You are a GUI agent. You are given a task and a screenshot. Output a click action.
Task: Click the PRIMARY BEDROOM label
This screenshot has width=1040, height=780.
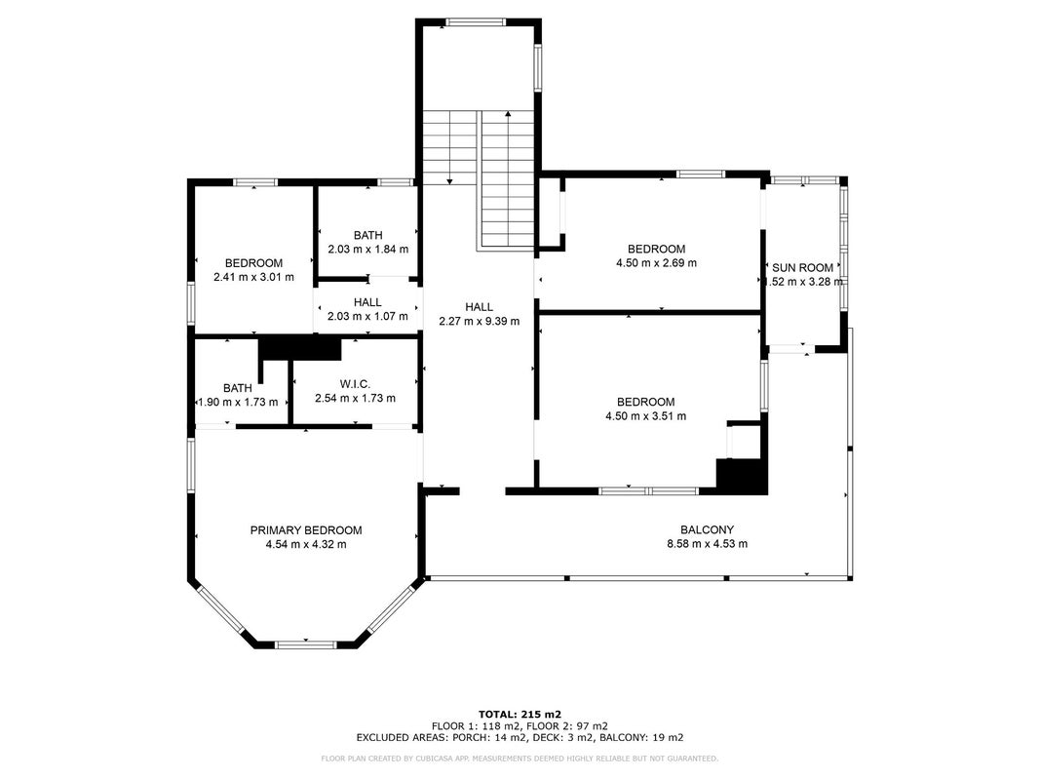(306, 530)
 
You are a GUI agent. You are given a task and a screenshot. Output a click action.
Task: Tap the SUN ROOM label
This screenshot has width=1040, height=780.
(802, 267)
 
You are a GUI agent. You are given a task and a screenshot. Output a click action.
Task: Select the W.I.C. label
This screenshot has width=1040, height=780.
(355, 384)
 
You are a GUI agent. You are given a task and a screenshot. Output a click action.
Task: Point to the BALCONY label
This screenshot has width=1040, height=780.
(707, 529)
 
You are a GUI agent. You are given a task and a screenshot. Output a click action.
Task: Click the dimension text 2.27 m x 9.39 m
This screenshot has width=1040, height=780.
(479, 321)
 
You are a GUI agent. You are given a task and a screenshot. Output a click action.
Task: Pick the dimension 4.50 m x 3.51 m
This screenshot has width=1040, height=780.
(645, 416)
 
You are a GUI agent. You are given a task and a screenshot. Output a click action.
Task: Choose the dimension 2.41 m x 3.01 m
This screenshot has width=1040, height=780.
(253, 277)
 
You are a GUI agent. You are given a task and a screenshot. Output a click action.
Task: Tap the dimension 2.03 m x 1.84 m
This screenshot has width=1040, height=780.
(367, 249)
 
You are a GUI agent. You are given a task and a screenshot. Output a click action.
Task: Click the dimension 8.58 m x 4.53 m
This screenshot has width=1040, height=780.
(707, 544)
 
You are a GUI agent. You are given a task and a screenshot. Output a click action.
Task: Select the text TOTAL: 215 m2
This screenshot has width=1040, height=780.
(520, 715)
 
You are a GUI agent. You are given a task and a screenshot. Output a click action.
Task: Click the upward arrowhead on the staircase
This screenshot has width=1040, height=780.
(508, 114)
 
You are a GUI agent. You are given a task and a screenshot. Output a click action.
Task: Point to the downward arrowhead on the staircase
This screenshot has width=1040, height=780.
(449, 181)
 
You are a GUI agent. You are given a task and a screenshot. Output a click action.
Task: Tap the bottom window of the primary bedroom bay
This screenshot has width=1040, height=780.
(306, 644)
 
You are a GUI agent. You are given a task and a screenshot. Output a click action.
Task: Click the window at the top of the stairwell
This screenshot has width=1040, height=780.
(476, 21)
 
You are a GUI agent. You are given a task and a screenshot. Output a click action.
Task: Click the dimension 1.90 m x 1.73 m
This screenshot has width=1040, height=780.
(238, 402)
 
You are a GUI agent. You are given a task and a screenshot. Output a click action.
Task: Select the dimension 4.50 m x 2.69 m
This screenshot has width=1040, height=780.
(656, 262)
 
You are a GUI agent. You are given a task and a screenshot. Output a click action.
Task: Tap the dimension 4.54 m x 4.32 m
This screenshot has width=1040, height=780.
(306, 545)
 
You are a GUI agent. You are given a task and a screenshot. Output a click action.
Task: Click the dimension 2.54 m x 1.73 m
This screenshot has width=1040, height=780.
(355, 399)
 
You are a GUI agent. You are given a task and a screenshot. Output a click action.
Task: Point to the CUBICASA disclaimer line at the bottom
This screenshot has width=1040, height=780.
(520, 759)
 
